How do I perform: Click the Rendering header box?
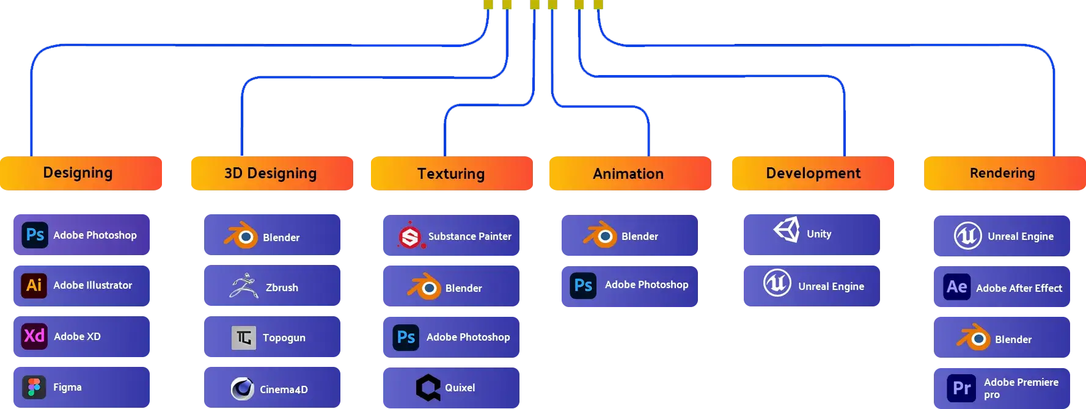tap(1003, 173)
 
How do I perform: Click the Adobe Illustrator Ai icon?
tap(34, 285)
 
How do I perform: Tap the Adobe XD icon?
tap(34, 336)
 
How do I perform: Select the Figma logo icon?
tap(34, 387)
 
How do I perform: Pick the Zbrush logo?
tap(243, 286)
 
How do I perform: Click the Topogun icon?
tap(243, 338)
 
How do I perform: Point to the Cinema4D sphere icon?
tap(243, 388)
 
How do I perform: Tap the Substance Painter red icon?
tap(410, 237)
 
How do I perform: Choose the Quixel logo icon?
tap(428, 388)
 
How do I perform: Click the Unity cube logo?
tap(787, 230)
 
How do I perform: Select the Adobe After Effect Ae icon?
tap(956, 286)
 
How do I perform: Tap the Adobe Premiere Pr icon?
tap(962, 388)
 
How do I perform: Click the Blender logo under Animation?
tap(600, 235)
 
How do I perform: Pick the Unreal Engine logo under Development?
tap(777, 283)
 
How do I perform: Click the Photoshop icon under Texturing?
tap(406, 337)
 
